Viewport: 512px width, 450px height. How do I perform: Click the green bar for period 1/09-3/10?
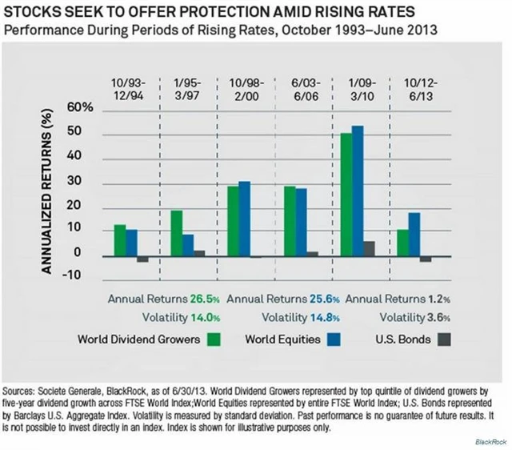(x=346, y=195)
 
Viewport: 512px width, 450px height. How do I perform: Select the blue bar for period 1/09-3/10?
(x=358, y=191)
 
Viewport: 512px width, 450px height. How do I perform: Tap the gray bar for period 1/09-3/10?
(x=369, y=250)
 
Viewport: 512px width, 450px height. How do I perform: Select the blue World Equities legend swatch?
(x=335, y=339)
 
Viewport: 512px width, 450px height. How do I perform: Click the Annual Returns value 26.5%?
(x=204, y=299)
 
